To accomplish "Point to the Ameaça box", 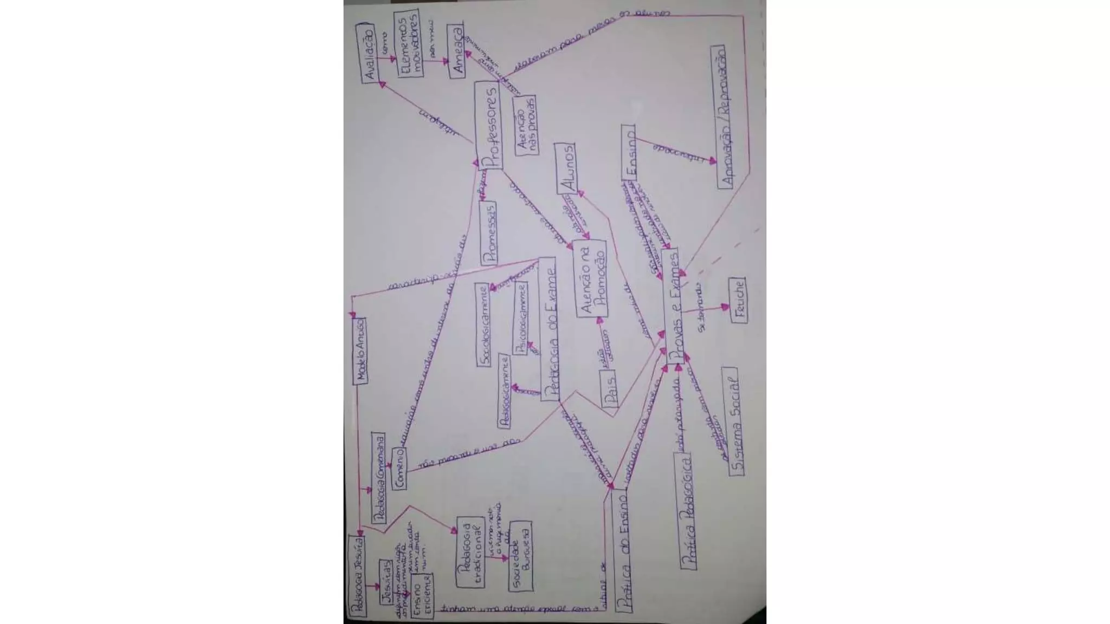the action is point(457,51).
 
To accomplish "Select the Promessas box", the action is point(489,233).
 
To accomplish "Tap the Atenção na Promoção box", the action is point(591,280).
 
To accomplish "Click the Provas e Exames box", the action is point(673,306).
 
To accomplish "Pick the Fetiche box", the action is point(738,300).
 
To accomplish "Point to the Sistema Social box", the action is point(733,421).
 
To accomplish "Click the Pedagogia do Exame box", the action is point(549,329).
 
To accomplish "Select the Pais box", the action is point(609,388).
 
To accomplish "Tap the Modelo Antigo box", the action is point(360,350).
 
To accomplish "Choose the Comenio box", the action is point(399,469).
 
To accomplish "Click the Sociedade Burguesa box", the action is point(521,556).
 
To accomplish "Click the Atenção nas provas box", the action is point(525,125).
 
